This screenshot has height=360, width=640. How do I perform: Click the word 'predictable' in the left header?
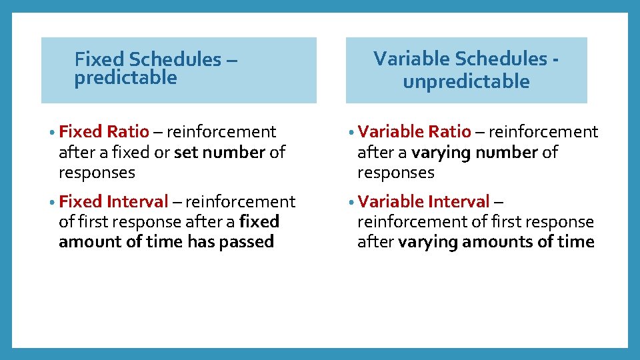click(125, 78)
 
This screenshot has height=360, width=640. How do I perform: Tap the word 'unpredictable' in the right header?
click(466, 82)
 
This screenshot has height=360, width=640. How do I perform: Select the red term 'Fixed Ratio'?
click(104, 132)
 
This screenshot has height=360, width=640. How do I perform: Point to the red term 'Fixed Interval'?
click(113, 201)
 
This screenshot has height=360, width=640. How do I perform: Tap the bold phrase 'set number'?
click(219, 153)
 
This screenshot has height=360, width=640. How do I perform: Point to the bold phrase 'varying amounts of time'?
click(496, 242)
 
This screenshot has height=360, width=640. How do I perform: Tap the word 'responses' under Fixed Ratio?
click(97, 173)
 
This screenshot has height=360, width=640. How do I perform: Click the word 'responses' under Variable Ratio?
click(395, 173)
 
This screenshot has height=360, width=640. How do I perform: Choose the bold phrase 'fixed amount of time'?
click(167, 232)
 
